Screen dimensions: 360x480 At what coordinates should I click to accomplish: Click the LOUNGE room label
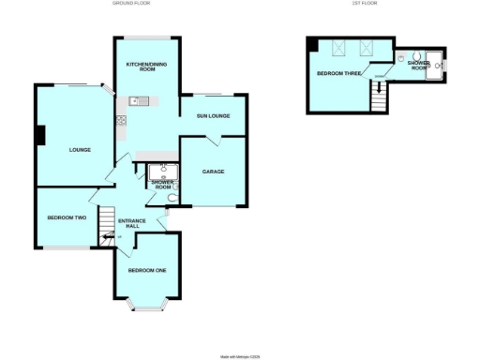pyautogui.click(x=79, y=149)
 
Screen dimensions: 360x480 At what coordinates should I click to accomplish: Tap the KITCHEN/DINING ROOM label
pyautogui.click(x=141, y=66)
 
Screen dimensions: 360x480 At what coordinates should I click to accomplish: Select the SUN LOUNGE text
pyautogui.click(x=213, y=116)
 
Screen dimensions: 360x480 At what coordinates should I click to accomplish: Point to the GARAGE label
pyautogui.click(x=213, y=171)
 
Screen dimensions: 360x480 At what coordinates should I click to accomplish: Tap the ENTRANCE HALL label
pyautogui.click(x=133, y=223)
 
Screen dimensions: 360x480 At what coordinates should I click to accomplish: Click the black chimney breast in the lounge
pyautogui.click(x=40, y=135)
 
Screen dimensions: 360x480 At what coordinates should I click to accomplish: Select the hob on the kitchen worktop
pyautogui.click(x=121, y=120)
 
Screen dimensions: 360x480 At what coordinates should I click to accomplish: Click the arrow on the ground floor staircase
pyautogui.click(x=109, y=237)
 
